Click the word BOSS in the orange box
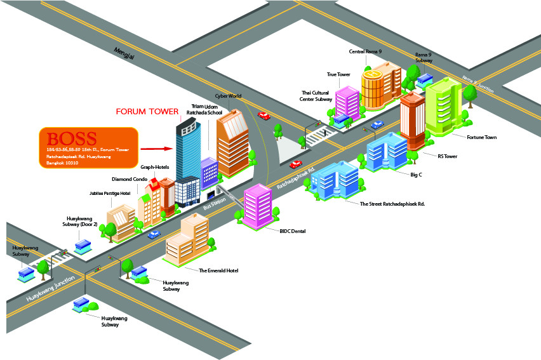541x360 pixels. pos(72,138)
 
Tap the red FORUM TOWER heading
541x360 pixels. pos(147,112)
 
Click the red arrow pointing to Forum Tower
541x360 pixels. pos(157,149)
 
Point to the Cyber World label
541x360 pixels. pos(229,96)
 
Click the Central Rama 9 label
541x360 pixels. pos(365,51)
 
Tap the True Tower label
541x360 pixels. pos(338,74)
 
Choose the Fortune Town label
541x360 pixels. pos(482,137)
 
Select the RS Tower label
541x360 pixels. pos(448,156)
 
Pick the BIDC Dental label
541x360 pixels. pos(292,231)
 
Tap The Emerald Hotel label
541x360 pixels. pos(218,270)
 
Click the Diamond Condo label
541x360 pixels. pos(130,179)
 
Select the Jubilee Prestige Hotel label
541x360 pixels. pos(109,193)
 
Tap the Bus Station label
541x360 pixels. pos(214,203)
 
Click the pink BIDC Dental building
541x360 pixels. pos(258,204)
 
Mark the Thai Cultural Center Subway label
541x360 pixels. pos(316,96)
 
